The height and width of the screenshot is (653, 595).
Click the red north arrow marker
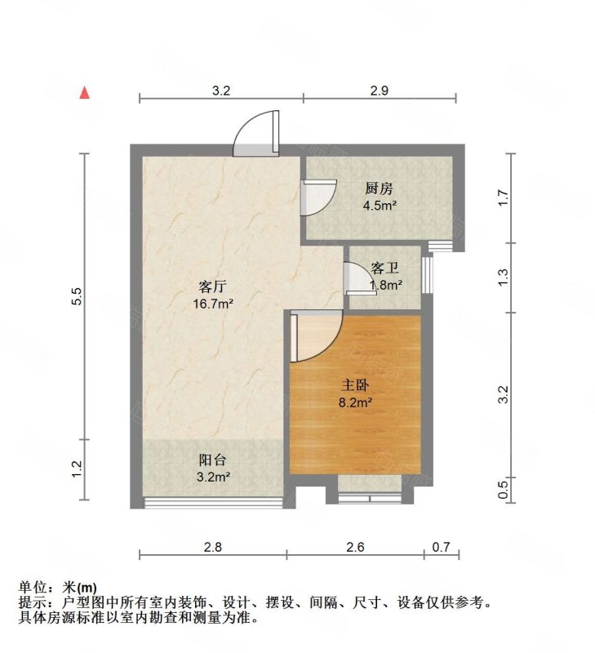click(x=85, y=91)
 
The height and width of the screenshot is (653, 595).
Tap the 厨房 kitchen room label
click(x=379, y=189)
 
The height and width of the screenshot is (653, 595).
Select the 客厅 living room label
click(x=212, y=287)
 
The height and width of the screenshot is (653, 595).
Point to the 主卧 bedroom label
click(x=355, y=383)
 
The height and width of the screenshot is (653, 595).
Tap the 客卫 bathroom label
click(x=386, y=268)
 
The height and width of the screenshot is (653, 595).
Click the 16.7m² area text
click(x=212, y=304)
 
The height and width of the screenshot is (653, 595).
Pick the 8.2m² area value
click(x=356, y=401)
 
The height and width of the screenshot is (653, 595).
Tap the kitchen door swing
click(x=317, y=197)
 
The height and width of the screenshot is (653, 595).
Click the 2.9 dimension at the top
click(x=379, y=91)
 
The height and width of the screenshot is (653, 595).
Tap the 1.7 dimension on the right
click(x=504, y=197)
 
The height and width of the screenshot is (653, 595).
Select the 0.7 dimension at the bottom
click(x=441, y=547)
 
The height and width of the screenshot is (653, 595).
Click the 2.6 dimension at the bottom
click(x=355, y=547)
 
